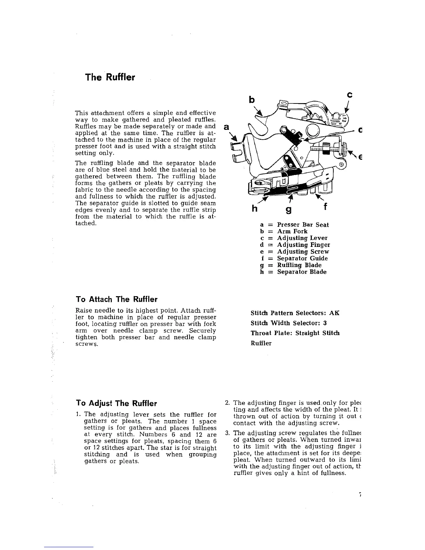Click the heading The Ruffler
110,77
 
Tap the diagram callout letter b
252,100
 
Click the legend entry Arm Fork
284,231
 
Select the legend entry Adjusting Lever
293,238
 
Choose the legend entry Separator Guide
294,258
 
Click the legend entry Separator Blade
293,272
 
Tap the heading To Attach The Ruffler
116,299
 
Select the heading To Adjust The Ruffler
116,403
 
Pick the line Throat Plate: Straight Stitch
295,333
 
